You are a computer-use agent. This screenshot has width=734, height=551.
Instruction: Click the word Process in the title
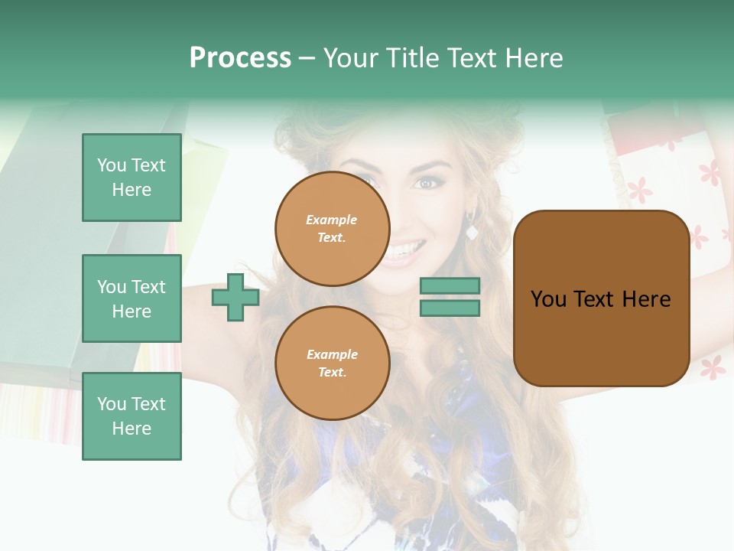(240, 58)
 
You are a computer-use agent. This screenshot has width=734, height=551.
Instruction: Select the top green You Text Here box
(132, 178)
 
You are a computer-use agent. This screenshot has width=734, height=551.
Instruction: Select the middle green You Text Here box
(132, 298)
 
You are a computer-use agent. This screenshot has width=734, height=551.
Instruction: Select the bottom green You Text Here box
(132, 416)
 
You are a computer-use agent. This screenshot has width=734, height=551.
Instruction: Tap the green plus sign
(235, 297)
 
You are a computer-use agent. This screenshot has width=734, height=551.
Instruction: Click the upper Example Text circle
(332, 229)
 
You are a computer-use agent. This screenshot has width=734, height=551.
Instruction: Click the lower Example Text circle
(332, 364)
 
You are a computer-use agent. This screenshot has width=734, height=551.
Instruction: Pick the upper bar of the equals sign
(450, 286)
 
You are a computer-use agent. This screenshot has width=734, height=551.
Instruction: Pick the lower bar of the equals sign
(450, 308)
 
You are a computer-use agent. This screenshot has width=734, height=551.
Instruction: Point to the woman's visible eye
(425, 183)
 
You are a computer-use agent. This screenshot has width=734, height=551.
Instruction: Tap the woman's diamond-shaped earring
(472, 232)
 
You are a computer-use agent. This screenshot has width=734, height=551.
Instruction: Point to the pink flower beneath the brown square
(713, 369)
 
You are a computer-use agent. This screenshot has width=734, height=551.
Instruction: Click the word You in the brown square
(548, 299)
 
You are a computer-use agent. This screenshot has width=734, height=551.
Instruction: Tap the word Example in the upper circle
(332, 220)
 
